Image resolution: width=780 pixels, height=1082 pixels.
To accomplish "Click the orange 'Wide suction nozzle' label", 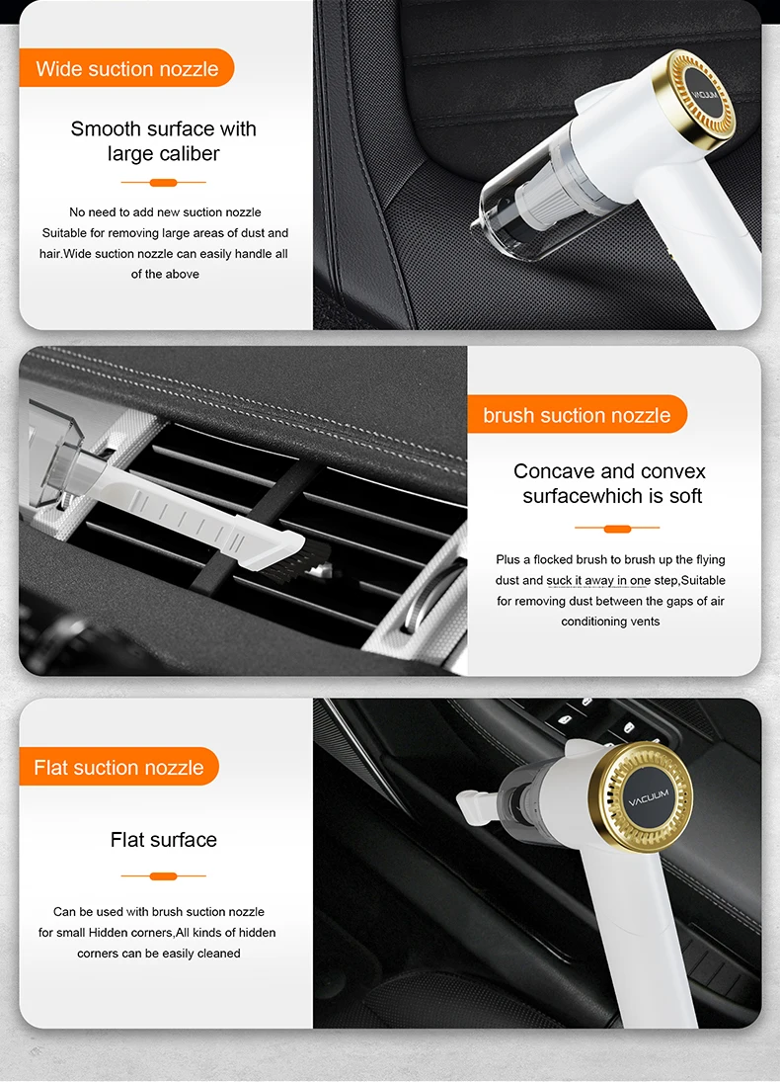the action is tap(127, 68).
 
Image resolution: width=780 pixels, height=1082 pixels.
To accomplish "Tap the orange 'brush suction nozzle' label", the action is tap(577, 415).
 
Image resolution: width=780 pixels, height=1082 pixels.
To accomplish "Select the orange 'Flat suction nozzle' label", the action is tap(118, 767).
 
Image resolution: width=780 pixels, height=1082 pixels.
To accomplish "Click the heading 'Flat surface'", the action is tap(164, 840).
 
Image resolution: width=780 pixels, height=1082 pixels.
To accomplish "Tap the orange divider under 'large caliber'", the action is tap(164, 182).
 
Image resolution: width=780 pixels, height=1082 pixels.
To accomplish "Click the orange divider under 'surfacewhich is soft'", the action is tap(617, 529).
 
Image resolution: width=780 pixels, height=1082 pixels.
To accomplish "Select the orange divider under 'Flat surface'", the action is tap(164, 875).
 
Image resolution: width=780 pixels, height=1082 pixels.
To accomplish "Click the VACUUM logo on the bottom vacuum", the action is tap(649, 797).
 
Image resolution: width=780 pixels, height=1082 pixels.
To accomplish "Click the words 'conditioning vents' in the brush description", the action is tap(610, 622).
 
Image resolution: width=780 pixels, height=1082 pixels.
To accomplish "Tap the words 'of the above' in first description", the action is tap(165, 274).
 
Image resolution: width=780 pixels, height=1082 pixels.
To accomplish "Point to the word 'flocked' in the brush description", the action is tap(554, 559).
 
